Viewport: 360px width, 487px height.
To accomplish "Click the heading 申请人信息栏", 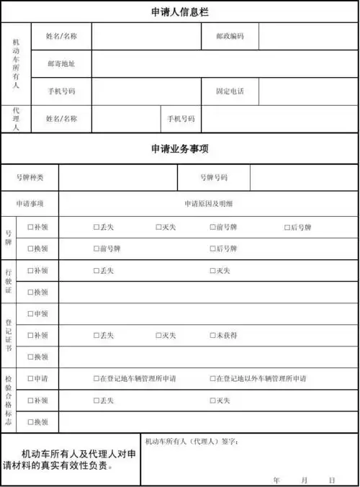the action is [180, 12].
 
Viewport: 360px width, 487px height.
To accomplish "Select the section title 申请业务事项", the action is [180, 149].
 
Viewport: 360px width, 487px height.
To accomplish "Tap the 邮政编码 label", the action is [230, 36].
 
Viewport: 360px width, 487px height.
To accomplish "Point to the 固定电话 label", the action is [230, 91].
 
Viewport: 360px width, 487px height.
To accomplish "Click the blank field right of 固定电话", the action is [308, 91].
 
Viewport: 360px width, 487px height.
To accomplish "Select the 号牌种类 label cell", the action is [30, 177].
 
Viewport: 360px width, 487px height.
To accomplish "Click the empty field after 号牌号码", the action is [303, 177].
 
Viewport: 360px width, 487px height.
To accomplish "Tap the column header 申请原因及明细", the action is [209, 204].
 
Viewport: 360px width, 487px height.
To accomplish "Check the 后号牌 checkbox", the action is [287, 228].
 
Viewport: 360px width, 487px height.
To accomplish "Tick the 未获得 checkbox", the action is [212, 336].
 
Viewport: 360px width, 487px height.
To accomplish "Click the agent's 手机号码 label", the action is [181, 119].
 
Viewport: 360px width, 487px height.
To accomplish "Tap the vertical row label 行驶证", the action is [8, 281].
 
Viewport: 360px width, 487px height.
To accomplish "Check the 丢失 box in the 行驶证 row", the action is [96, 271].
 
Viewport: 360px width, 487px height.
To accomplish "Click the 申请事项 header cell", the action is [30, 204].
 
